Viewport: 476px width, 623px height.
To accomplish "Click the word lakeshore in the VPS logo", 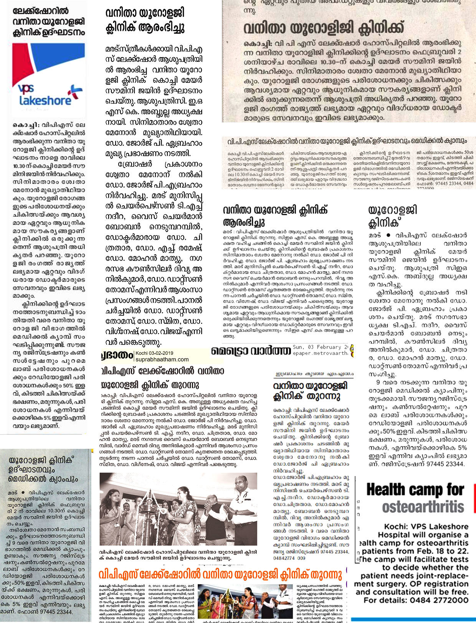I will point(45,101).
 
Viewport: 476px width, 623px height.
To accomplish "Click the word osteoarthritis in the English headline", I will point(423,507).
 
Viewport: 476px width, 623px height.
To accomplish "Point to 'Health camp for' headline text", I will point(415,490).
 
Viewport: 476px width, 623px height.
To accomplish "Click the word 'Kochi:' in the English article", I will point(397,527).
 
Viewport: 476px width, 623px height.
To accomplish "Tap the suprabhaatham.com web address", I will point(162,359).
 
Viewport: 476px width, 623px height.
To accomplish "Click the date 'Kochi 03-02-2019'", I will point(154,353).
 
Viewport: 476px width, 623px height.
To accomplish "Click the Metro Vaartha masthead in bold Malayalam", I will point(251,351).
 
